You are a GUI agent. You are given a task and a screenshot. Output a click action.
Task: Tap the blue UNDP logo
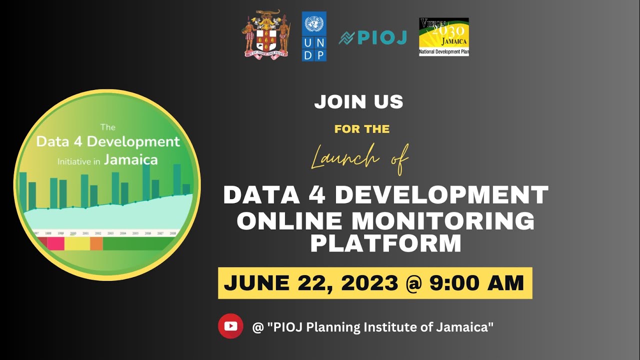(314, 36)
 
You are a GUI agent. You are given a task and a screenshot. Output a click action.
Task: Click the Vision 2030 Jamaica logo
(443, 36)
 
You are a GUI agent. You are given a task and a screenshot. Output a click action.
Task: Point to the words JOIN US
(358, 102)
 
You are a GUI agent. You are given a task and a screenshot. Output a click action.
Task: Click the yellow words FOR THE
(362, 129)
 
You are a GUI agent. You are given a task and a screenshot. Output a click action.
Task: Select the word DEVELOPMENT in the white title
(441, 195)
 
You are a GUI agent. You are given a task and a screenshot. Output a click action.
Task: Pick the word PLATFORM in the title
(385, 244)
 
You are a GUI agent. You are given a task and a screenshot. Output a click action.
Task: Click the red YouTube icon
(230, 326)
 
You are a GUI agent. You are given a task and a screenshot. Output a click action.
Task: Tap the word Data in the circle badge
(52, 141)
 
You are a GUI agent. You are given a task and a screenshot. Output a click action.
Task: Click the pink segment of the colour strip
(56, 243)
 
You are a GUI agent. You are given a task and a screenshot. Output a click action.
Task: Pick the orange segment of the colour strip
(96, 243)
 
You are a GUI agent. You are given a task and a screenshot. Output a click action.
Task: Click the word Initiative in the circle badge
(75, 161)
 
